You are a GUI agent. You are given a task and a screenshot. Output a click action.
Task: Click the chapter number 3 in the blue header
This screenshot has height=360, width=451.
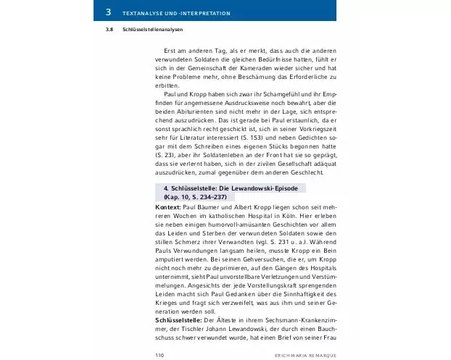pyautogui.click(x=108, y=12)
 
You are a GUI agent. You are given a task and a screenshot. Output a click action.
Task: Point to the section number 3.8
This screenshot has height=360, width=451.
pyautogui.click(x=108, y=30)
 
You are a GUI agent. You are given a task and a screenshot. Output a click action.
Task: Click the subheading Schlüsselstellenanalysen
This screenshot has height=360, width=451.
pyautogui.click(x=153, y=30)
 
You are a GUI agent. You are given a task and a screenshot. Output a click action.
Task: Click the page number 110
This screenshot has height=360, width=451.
pyautogui.click(x=161, y=355)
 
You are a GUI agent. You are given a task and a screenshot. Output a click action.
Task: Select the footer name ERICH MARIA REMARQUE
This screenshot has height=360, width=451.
pyautogui.click(x=302, y=355)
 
